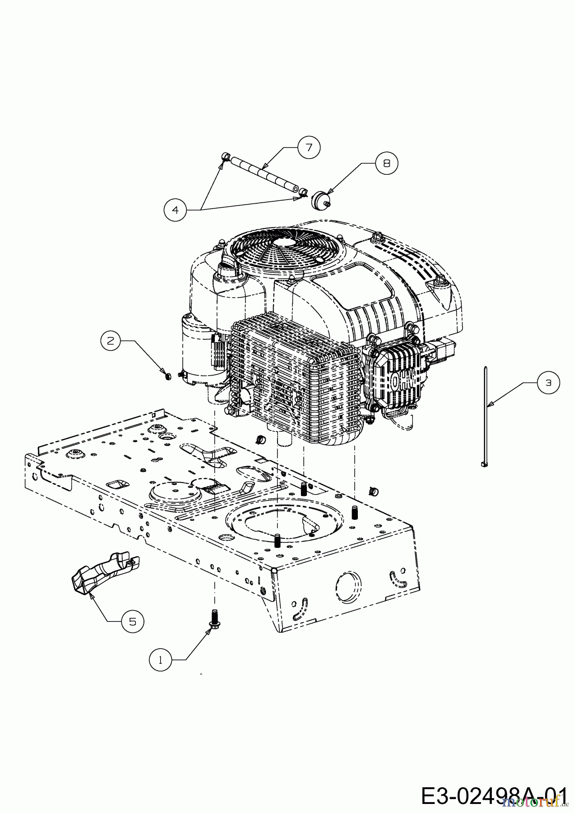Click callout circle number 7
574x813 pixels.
pos(309,147)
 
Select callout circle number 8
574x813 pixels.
pos(387,163)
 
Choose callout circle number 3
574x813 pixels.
pos(548,383)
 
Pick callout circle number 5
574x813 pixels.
pos(132,621)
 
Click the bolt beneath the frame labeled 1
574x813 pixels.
pos(213,618)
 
